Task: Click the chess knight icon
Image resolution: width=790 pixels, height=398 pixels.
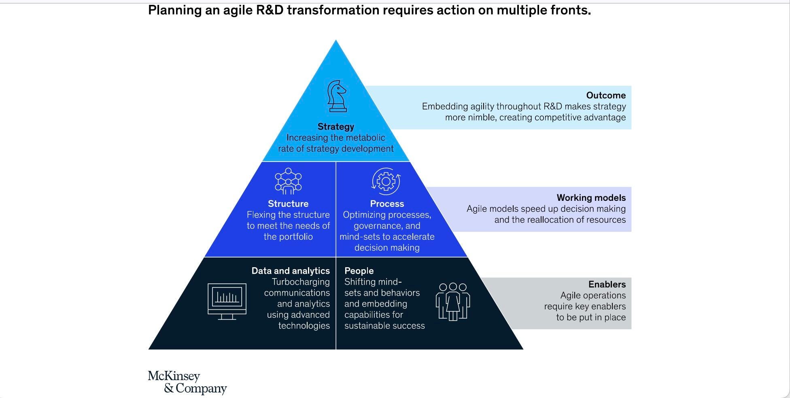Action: tap(337, 96)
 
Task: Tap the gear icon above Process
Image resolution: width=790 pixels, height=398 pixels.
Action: tap(386, 182)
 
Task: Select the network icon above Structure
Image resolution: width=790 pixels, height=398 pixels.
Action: tap(288, 181)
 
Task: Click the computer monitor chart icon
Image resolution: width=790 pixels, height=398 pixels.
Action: tap(227, 301)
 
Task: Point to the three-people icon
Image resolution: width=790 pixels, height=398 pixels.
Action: tap(453, 301)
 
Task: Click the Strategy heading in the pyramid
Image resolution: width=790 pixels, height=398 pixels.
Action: tap(336, 127)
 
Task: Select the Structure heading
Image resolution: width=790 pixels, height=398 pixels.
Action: tap(288, 204)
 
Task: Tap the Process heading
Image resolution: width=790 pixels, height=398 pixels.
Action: tap(387, 204)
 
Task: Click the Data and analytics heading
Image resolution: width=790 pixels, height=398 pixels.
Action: tap(291, 271)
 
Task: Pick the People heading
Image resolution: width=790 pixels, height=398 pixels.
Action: tap(359, 271)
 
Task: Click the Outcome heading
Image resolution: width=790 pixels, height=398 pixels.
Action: tap(606, 96)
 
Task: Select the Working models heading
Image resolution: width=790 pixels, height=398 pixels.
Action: tap(591, 198)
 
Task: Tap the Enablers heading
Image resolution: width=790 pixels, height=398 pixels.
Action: tap(607, 284)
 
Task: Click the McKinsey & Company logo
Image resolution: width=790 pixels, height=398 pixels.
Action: tap(187, 382)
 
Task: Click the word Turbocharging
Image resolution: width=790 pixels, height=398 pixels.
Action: tap(301, 282)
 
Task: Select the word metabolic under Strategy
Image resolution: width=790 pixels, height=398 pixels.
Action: tap(366, 138)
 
